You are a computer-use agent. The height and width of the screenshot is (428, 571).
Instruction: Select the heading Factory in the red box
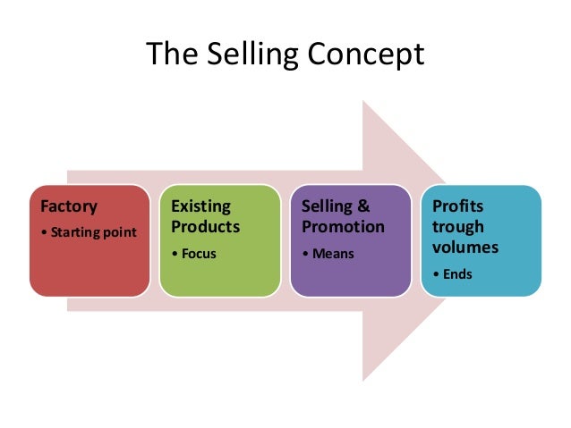pyautogui.click(x=68, y=206)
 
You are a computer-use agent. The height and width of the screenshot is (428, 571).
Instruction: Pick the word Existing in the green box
pyautogui.click(x=200, y=207)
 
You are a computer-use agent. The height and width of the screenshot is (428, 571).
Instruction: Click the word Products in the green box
pyautogui.click(x=205, y=226)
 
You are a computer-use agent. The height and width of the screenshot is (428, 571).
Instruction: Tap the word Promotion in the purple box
pyautogui.click(x=343, y=226)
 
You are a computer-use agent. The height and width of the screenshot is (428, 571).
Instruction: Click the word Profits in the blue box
pyautogui.click(x=458, y=206)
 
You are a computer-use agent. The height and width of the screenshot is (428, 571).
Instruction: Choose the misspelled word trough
pyautogui.click(x=457, y=226)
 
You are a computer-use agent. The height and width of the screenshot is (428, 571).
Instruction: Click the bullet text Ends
pyautogui.click(x=462, y=273)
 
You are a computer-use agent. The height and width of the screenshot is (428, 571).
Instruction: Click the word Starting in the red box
pyautogui.click(x=75, y=233)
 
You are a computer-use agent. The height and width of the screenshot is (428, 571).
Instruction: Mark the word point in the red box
pyautogui.click(x=120, y=233)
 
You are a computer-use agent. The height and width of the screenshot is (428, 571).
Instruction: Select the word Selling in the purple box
pyautogui.click(x=327, y=207)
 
